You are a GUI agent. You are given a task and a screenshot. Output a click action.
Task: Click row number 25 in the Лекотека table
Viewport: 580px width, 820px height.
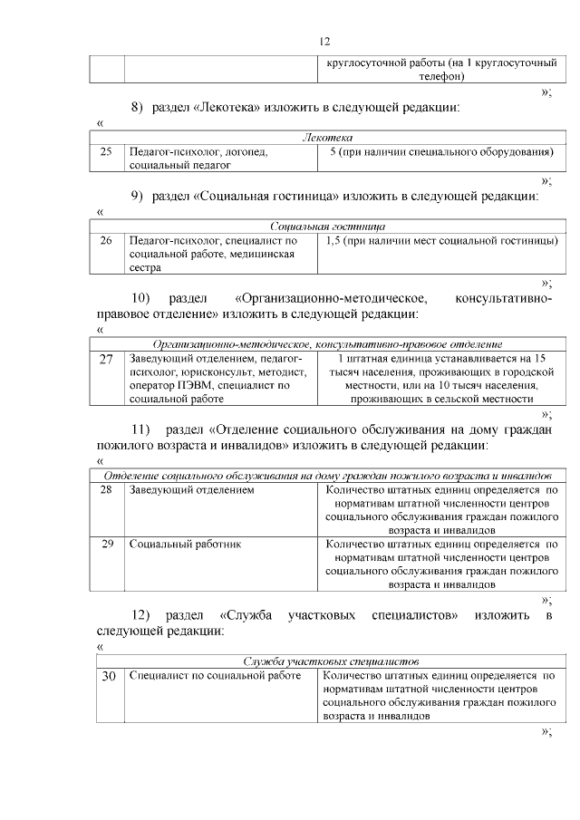106,152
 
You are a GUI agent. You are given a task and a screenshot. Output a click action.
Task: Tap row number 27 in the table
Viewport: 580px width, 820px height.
106,360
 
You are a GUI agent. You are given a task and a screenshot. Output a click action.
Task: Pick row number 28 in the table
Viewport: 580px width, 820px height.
106,490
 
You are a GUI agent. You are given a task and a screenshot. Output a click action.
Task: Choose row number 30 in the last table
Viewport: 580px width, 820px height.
106,676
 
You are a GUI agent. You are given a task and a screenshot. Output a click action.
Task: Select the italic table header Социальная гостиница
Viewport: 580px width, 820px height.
327,227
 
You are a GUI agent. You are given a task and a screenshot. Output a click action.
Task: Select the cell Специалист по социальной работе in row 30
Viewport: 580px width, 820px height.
214,676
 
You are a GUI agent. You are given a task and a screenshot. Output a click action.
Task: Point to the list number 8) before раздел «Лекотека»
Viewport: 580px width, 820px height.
138,108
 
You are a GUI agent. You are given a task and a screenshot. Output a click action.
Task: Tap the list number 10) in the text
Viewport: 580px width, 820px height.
140,298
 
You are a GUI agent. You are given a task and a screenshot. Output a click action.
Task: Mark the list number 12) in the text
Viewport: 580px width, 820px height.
140,616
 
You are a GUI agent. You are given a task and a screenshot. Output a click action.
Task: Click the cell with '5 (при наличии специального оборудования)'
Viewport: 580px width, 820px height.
440,152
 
